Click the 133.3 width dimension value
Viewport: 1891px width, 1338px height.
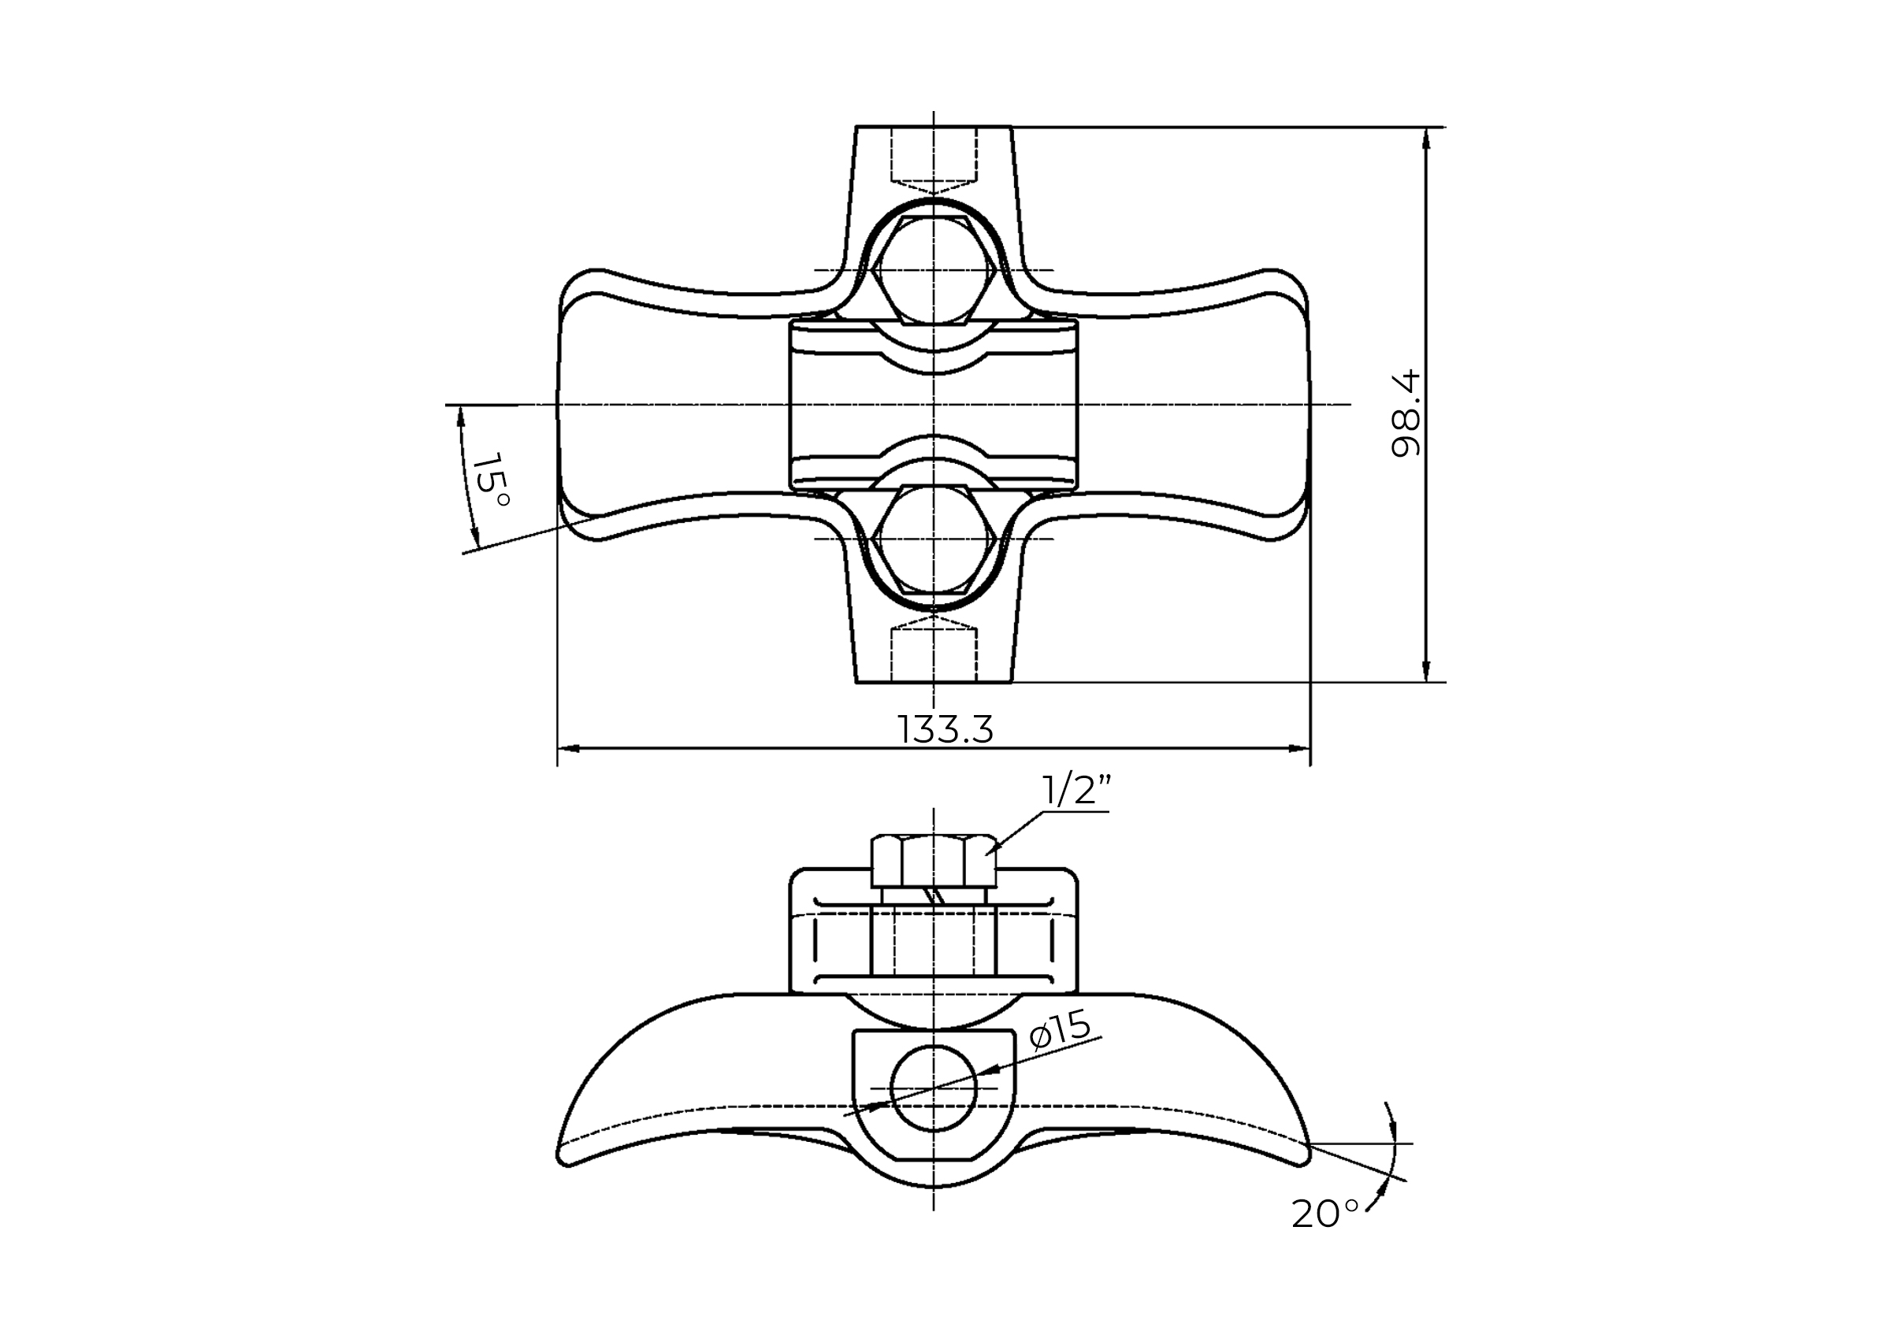[x=945, y=730]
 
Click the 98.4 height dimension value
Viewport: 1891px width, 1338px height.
[x=1405, y=413]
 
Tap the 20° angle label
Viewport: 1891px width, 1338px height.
[x=1324, y=1214]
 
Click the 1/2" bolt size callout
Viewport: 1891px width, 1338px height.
[x=1076, y=791]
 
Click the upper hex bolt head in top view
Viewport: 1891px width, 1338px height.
[x=933, y=270]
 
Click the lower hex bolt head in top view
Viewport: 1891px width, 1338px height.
[x=933, y=539]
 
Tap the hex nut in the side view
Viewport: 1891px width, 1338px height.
[x=933, y=860]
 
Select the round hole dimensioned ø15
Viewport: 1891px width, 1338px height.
[x=933, y=1088]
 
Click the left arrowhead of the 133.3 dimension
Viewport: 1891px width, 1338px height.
[x=569, y=749]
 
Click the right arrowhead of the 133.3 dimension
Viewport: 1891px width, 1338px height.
[x=1299, y=749]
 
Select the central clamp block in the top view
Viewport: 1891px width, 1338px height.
[x=933, y=405]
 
